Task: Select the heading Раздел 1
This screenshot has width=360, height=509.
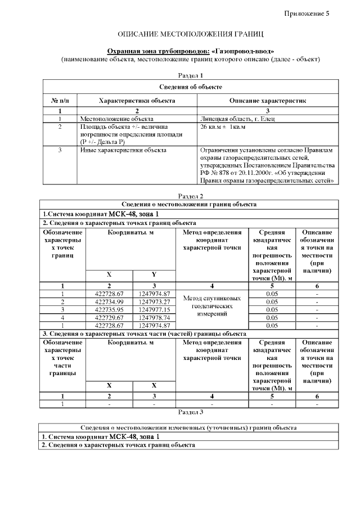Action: pos(190,75)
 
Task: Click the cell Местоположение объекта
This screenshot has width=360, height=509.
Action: pos(116,119)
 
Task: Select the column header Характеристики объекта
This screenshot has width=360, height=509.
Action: pos(137,100)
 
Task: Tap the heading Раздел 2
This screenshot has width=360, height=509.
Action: pos(190,196)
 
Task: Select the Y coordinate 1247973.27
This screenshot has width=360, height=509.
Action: pos(154,302)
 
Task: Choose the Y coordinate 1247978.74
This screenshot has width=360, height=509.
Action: pos(154,317)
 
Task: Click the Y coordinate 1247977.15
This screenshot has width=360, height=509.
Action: pos(154,309)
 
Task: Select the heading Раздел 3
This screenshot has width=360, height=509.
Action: pos(190,412)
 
